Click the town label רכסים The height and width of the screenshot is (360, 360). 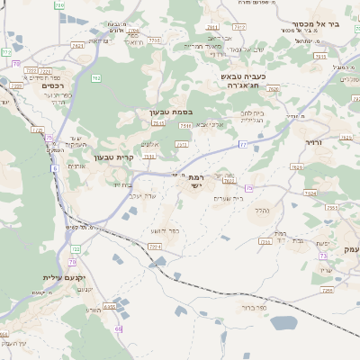53,85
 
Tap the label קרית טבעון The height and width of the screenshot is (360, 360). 139,157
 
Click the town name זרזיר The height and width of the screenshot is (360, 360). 312,142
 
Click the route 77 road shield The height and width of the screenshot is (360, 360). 242,144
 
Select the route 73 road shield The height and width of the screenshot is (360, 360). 321,257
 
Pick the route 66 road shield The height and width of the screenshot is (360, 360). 119,329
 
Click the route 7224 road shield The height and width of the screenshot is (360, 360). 155,246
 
